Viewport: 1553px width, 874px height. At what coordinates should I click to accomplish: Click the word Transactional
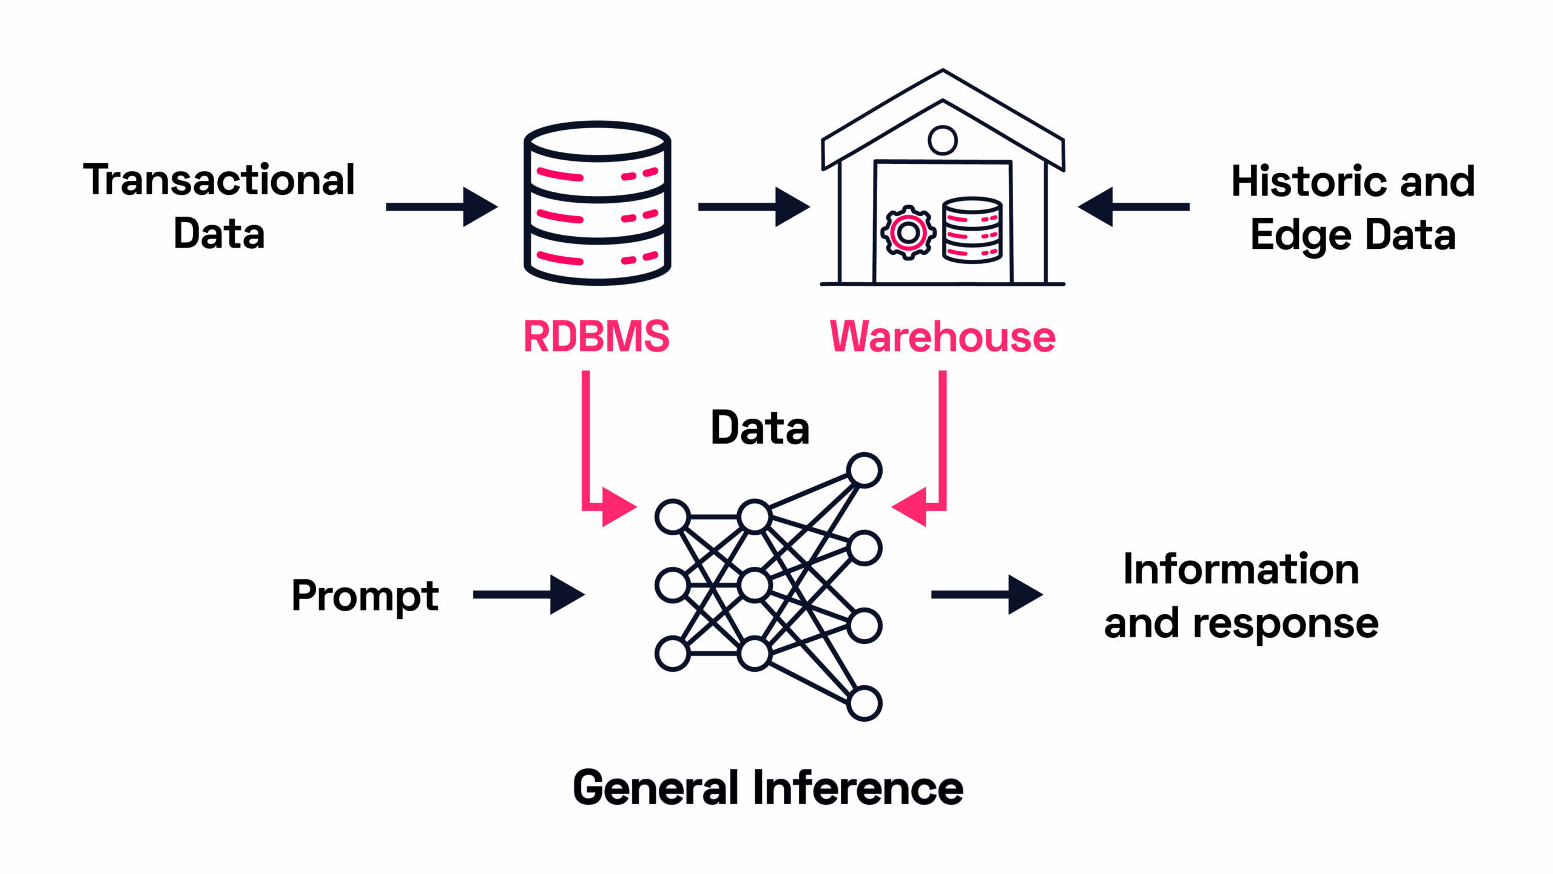point(219,180)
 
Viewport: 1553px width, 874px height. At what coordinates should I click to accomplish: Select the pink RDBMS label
point(596,336)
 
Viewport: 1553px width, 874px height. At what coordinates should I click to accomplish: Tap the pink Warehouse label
point(942,336)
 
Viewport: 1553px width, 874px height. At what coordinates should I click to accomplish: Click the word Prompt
point(365,595)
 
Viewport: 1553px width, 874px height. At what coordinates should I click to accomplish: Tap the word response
point(1285,624)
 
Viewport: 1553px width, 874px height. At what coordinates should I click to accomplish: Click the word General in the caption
point(656,788)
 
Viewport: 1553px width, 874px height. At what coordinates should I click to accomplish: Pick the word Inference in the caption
point(858,788)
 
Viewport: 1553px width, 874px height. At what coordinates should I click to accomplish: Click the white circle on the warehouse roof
point(943,140)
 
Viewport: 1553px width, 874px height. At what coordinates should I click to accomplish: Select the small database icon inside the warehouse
point(972,231)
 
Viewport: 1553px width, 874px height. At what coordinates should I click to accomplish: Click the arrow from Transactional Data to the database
point(442,207)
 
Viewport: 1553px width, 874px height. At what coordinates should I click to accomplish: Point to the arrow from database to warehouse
point(754,207)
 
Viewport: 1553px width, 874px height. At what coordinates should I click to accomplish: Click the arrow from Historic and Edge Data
point(1133,207)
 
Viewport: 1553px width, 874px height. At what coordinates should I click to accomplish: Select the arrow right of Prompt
point(529,595)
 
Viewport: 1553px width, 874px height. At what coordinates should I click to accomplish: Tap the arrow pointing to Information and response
point(987,595)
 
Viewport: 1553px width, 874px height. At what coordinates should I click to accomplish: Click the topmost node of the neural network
point(864,470)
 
